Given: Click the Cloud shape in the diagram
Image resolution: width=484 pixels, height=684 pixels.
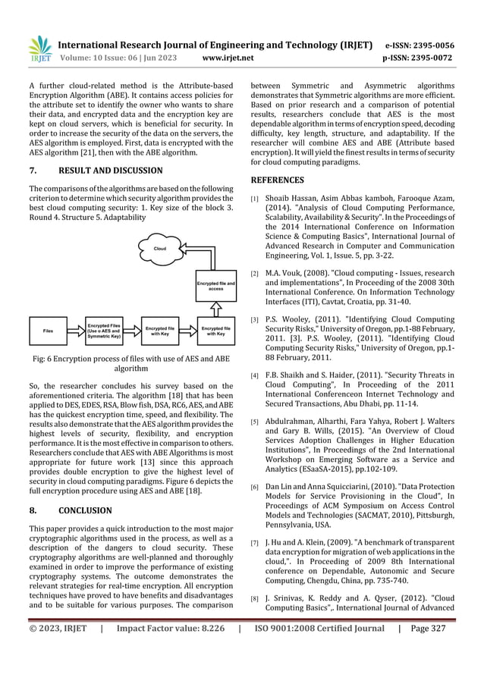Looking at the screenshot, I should pyautogui.click(x=159, y=248).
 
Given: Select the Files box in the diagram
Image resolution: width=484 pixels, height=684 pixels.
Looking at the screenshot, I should pyautogui.click(x=49, y=331).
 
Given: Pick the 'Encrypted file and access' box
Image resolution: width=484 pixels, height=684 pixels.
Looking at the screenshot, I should pyautogui.click(x=215, y=286).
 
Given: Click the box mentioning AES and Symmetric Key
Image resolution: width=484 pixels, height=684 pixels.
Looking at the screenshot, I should pyautogui.click(x=105, y=331).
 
